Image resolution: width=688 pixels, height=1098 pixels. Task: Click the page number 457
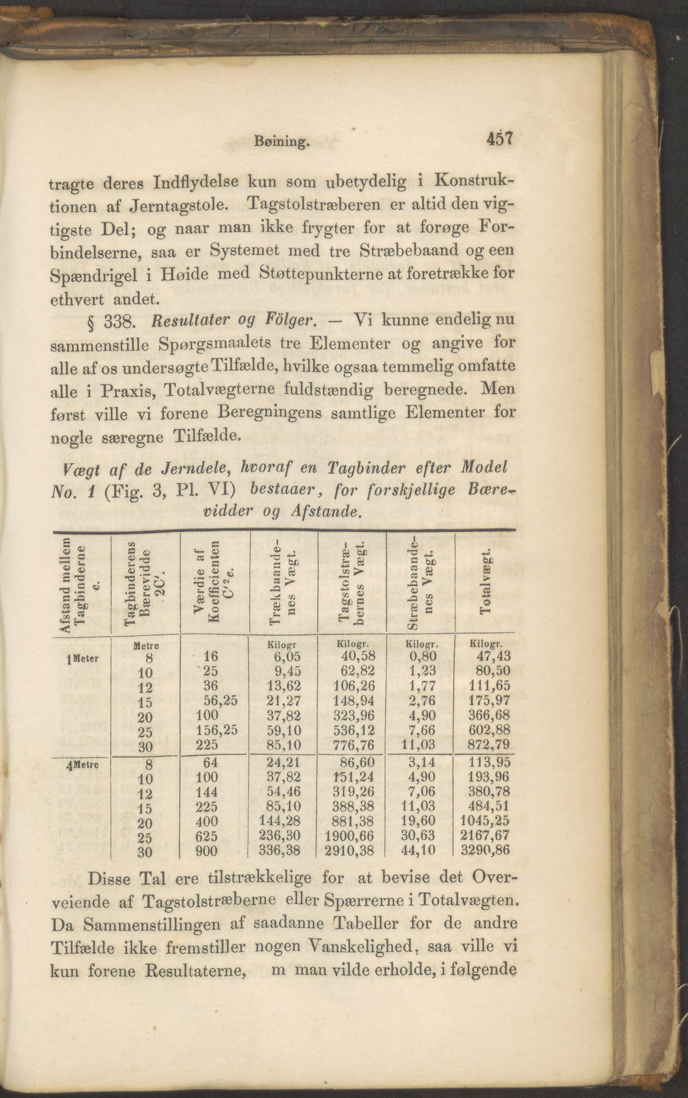point(499,138)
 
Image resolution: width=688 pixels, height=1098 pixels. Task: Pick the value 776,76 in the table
point(353,745)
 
